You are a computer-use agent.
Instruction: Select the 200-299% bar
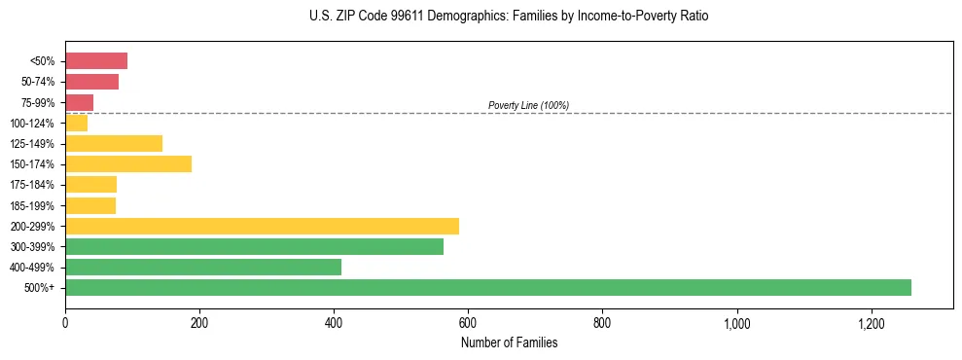(x=262, y=226)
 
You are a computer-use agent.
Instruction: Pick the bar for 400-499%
(x=203, y=267)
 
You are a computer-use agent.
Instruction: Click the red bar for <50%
(x=96, y=61)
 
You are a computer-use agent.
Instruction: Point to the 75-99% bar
(x=79, y=102)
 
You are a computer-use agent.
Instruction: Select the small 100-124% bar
(x=76, y=123)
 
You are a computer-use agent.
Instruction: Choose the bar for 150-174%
(x=128, y=163)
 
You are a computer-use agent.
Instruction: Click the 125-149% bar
(x=114, y=143)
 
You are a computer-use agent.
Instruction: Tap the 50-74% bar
(x=91, y=82)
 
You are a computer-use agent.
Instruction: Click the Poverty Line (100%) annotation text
(x=528, y=105)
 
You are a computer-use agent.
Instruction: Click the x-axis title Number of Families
(x=509, y=342)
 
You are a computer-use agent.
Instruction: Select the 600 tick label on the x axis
(x=468, y=323)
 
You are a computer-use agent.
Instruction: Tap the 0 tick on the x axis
(x=65, y=323)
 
